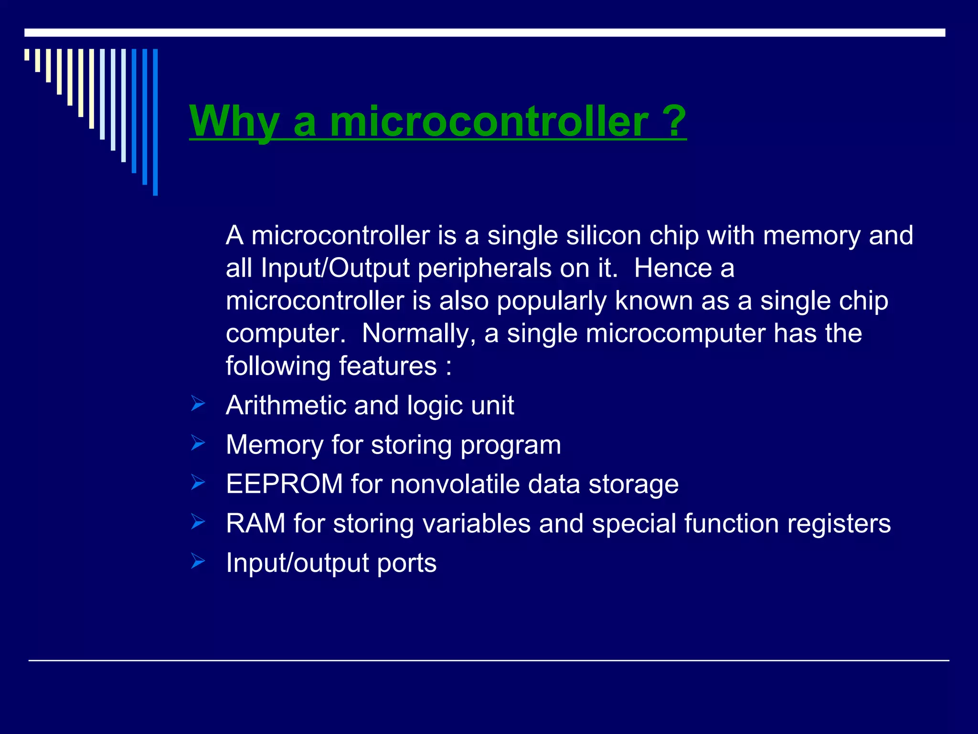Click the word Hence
pyautogui.click(x=673, y=268)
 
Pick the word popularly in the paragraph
pyautogui.click(x=552, y=301)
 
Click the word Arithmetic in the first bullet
pyautogui.click(x=286, y=405)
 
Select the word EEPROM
pyautogui.click(x=284, y=484)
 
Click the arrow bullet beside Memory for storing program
pyautogui.click(x=198, y=443)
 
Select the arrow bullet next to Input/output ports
pyautogui.click(x=198, y=561)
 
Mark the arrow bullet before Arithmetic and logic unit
pyautogui.click(x=198, y=403)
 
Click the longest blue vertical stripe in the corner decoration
pyautogui.click(x=155, y=122)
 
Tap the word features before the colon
pyautogui.click(x=388, y=366)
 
